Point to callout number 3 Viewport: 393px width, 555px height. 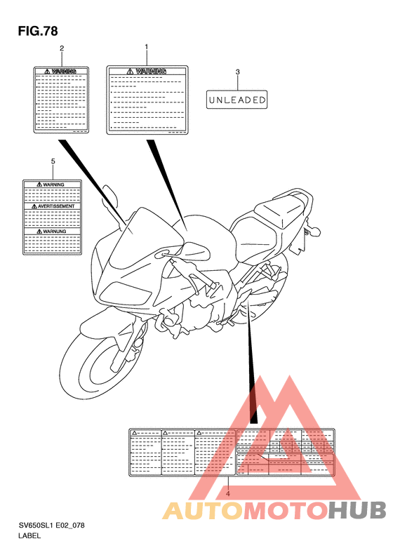tap(237, 72)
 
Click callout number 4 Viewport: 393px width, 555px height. tap(227, 494)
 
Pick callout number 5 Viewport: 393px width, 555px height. tap(53, 161)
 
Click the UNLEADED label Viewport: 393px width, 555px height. tap(237, 100)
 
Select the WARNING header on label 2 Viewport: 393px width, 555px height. tap(62, 72)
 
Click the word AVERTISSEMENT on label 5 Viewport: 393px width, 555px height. tap(53, 207)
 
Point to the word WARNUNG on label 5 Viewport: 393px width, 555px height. tap(53, 230)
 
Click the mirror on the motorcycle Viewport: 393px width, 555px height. tap(111, 193)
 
